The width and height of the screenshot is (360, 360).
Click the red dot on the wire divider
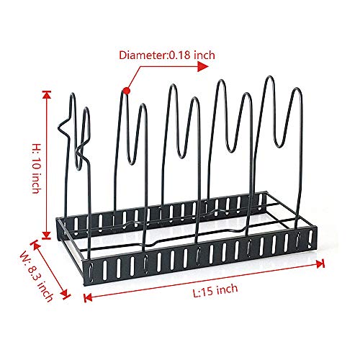(x=127, y=91)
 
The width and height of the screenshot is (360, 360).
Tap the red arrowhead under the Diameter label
(x=203, y=66)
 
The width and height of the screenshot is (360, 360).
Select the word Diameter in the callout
(x=143, y=55)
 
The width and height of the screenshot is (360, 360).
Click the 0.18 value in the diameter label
(x=179, y=55)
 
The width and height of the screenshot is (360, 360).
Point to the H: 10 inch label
(x=37, y=168)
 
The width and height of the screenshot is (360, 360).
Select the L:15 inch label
(x=215, y=290)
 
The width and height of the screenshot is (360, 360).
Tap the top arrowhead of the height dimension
(x=47, y=95)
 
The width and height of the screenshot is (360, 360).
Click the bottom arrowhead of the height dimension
(x=47, y=235)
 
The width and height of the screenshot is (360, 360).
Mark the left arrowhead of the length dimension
(x=88, y=297)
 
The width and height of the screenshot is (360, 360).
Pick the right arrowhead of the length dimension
(x=320, y=264)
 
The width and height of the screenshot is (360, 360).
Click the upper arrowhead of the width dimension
(x=35, y=245)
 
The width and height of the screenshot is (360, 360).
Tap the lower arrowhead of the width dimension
(x=65, y=294)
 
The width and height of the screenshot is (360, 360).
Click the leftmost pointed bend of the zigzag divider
(x=58, y=127)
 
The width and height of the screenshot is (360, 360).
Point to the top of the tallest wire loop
(x=270, y=77)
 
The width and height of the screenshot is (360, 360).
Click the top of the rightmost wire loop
(x=297, y=89)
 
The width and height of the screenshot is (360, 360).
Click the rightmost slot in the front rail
(x=311, y=239)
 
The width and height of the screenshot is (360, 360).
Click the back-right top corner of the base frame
(x=266, y=192)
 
